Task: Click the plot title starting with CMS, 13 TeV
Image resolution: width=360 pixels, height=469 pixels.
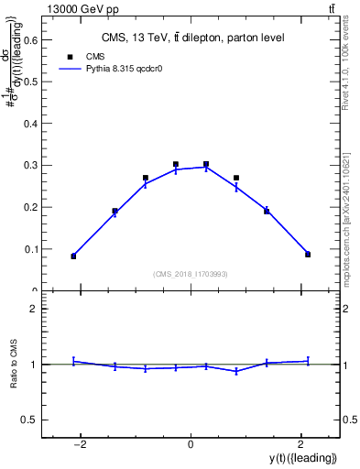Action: tap(192, 38)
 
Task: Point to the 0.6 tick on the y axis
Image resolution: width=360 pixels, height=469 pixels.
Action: tap(31, 39)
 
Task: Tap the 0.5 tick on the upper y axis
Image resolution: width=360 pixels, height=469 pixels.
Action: tap(31, 82)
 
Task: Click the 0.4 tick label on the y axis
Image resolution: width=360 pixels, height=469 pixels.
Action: tap(31, 124)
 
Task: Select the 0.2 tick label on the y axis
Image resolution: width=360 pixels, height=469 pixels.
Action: tap(31, 207)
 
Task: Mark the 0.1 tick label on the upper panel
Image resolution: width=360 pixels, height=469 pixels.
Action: tap(31, 249)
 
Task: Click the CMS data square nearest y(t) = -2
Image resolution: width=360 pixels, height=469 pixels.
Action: tap(73, 256)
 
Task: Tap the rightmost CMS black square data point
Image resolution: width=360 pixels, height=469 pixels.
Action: tap(308, 255)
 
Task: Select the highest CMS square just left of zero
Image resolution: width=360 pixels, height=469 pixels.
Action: tap(176, 165)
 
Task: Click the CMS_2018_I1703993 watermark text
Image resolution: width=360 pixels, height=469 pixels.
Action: tap(191, 274)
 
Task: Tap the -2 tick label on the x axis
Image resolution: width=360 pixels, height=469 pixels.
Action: tap(81, 444)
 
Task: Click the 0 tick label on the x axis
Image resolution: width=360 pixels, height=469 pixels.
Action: tap(191, 444)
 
